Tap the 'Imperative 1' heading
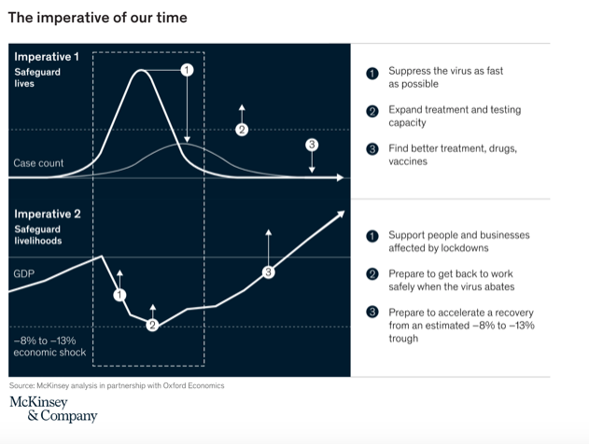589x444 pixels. [x=47, y=57]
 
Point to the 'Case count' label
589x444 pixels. [x=38, y=163]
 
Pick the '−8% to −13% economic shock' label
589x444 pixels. [x=49, y=346]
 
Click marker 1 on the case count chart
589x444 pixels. [x=186, y=70]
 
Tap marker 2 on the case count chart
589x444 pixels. [x=241, y=130]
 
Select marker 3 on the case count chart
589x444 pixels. [x=312, y=145]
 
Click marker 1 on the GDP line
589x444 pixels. [x=119, y=295]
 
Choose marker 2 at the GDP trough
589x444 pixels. [x=152, y=325]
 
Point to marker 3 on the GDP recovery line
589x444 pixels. [x=268, y=272]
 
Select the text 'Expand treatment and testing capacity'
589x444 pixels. [x=441, y=116]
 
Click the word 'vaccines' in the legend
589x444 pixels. [x=408, y=161]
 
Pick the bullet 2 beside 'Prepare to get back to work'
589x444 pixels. [x=371, y=275]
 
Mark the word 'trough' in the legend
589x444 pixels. [x=404, y=340]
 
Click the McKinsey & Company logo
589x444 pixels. [x=52, y=409]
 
